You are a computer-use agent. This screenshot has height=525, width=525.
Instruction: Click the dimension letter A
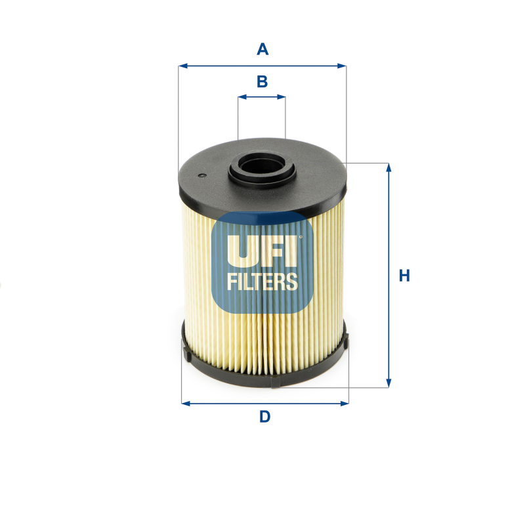pyautogui.click(x=262, y=49)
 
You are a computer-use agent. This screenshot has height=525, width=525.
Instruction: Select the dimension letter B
pyautogui.click(x=262, y=81)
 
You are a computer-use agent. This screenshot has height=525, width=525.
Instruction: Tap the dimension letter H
pyautogui.click(x=404, y=276)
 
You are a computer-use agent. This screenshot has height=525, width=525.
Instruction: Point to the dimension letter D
pyautogui.click(x=264, y=416)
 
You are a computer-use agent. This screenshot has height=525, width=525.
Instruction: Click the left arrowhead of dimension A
pyautogui.click(x=182, y=66)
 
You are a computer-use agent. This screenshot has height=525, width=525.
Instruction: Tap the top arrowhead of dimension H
pyautogui.click(x=388, y=167)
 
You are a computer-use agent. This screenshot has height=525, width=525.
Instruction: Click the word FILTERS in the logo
pyautogui.click(x=262, y=282)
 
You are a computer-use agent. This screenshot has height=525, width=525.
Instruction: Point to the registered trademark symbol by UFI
pyautogui.click(x=301, y=238)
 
